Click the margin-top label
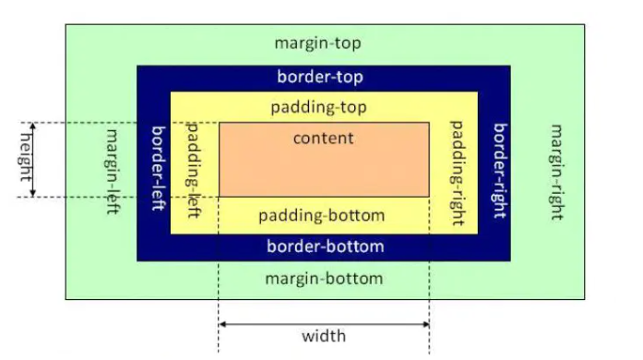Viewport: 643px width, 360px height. pyautogui.click(x=318, y=43)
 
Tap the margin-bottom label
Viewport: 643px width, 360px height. pyautogui.click(x=323, y=278)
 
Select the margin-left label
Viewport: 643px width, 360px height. pyautogui.click(x=113, y=171)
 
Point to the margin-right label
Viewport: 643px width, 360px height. pyautogui.click(x=556, y=172)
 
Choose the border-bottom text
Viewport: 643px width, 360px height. pyautogui.click(x=325, y=246)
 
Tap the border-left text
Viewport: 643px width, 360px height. pyautogui.click(x=157, y=167)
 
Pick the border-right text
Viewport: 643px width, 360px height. pyautogui.click(x=499, y=170)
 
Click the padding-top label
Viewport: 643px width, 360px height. pyautogui.click(x=319, y=107)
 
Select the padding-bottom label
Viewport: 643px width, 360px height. pyautogui.click(x=321, y=216)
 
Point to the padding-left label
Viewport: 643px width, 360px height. pyautogui.click(x=195, y=167)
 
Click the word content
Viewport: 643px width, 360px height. pyautogui.click(x=323, y=138)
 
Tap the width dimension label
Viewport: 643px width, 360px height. pyautogui.click(x=324, y=335)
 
